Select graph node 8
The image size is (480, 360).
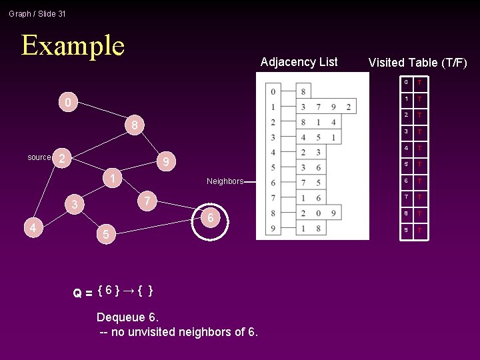[x=135, y=125]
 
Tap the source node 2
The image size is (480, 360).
[x=61, y=158]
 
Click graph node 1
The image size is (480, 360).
[x=114, y=179]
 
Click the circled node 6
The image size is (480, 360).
[x=210, y=218]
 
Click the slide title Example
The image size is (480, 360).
[x=73, y=45]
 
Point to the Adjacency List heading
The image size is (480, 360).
[x=299, y=62]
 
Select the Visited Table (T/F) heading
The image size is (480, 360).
[x=418, y=63]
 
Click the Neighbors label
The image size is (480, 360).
[x=225, y=181]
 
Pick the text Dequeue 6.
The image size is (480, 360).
[x=127, y=317]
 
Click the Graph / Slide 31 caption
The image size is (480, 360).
[x=37, y=13]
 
